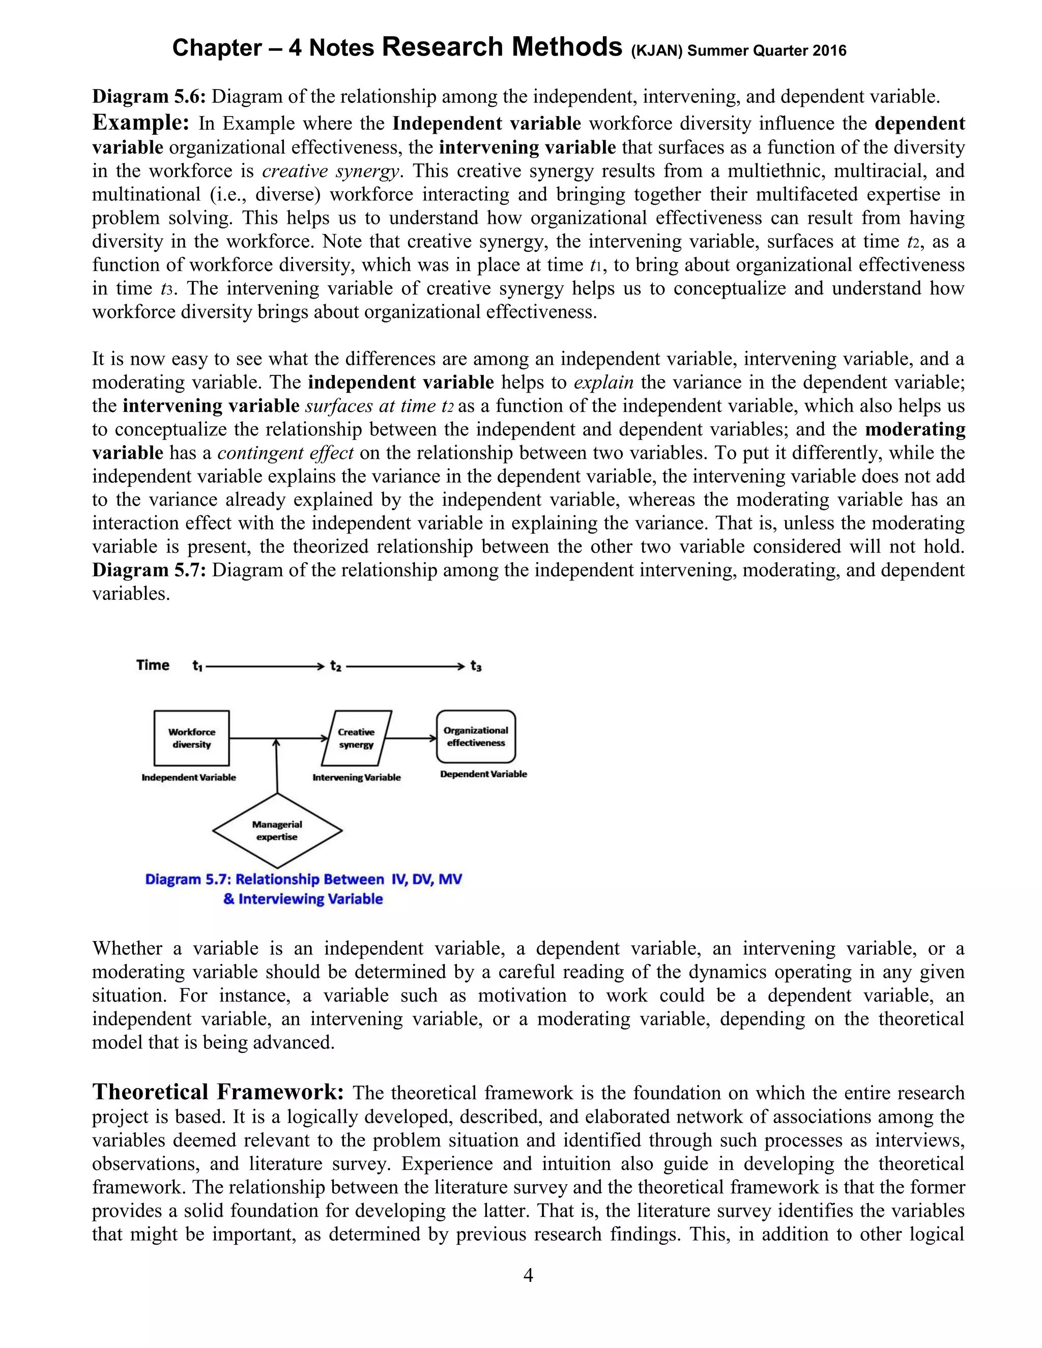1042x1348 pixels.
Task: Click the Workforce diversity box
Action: (x=191, y=738)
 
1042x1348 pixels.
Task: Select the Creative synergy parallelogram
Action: (x=356, y=738)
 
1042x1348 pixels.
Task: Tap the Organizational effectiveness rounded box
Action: (x=476, y=737)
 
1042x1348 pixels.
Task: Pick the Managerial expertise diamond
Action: (x=277, y=831)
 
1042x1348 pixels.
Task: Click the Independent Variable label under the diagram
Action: (x=189, y=778)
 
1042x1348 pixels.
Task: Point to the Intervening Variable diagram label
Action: (x=356, y=778)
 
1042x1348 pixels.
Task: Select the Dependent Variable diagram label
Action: (x=483, y=774)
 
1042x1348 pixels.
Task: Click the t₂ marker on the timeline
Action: (x=336, y=666)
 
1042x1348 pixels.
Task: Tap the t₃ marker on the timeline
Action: (x=476, y=666)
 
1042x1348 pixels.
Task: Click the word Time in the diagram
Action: (x=153, y=665)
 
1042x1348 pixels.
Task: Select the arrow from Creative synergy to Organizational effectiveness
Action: (x=412, y=738)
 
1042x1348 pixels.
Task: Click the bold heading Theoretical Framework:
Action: (x=218, y=1092)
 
